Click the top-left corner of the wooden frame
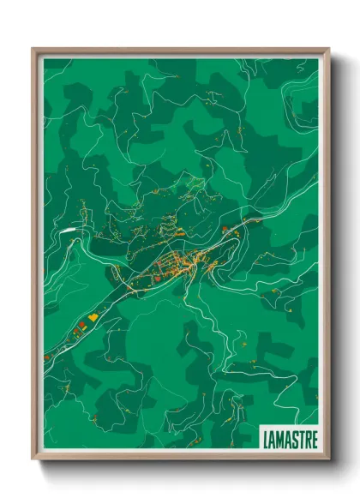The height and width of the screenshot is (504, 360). coord(33,50)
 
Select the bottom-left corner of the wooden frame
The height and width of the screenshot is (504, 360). coord(33,459)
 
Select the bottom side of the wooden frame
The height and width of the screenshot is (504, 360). coord(180,458)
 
